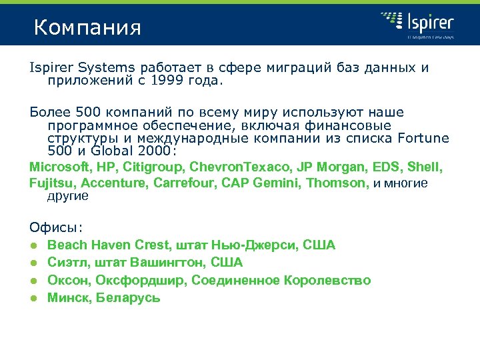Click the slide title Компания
[87, 28]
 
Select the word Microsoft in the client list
[57, 165]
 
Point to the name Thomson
[336, 182]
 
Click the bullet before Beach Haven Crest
[33, 245]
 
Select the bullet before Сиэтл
[33, 263]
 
